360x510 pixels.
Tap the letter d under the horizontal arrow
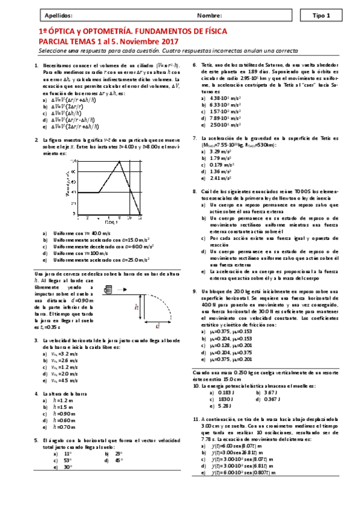(x=157, y=327)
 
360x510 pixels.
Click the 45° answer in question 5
(x=118, y=459)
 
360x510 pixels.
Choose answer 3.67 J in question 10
(x=272, y=392)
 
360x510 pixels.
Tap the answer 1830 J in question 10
(x=225, y=399)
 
